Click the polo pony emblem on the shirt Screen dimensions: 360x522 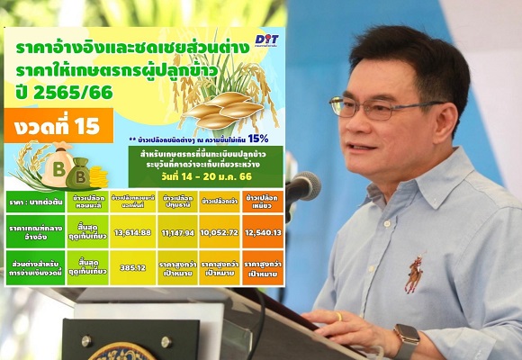(x=414, y=274)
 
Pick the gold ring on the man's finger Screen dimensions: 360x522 (x=339, y=317)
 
